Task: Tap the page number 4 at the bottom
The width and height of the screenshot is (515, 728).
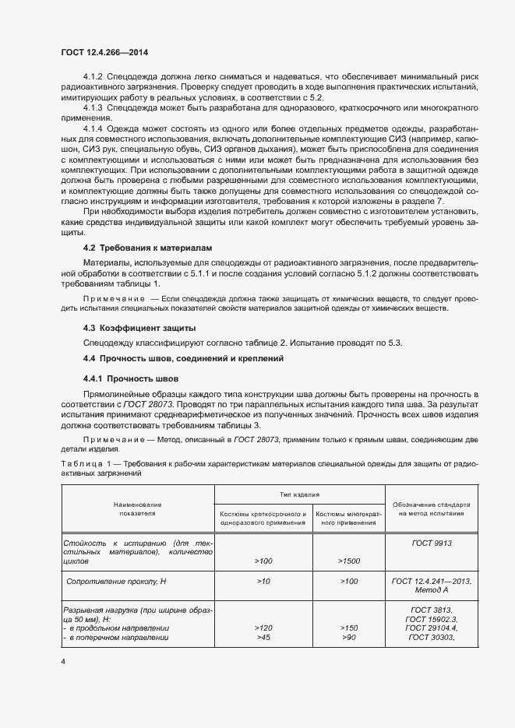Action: point(63,661)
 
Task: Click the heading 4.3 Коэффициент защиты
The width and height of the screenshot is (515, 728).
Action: point(129,327)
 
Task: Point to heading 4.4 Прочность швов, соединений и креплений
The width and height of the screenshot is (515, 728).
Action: point(183,358)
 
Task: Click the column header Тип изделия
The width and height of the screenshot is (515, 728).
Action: point(300,494)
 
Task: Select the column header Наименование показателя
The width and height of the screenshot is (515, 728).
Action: point(138,509)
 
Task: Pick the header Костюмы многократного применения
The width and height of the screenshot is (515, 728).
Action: point(348,519)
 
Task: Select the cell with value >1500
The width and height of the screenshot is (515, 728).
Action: point(348,561)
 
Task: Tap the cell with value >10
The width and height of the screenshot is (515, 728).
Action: point(263,581)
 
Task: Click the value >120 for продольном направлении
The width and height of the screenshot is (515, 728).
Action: point(263,628)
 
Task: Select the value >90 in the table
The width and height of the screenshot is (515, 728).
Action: point(348,638)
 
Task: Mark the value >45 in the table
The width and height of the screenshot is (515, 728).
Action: point(263,638)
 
